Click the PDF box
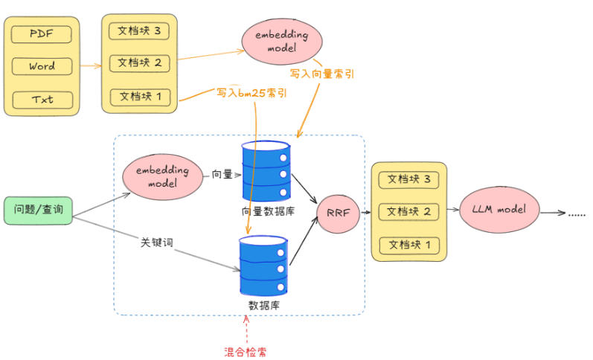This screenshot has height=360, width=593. click(42, 33)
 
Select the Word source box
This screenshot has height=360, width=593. click(42, 66)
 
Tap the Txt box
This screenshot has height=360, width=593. click(42, 99)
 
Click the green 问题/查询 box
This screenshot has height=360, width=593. click(38, 210)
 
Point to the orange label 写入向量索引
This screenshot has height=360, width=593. click(321, 74)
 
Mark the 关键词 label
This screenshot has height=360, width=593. click(157, 242)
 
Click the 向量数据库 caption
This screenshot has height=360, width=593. click(267, 210)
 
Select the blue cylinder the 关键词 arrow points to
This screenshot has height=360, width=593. click(263, 266)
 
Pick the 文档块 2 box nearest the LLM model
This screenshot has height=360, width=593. click(408, 212)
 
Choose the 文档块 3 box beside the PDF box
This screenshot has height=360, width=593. click(139, 30)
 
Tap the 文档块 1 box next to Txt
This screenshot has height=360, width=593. click(139, 96)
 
